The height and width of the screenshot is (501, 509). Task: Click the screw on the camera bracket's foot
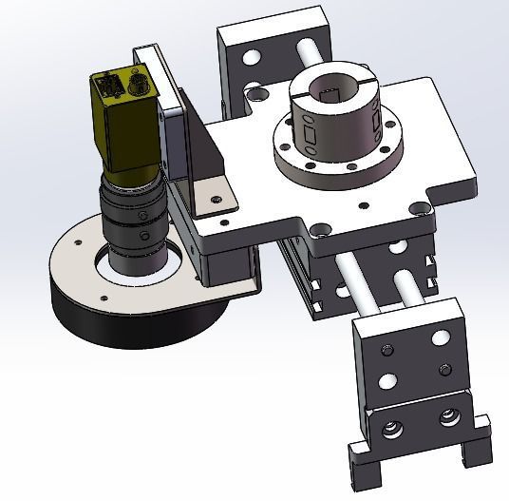point(217,200)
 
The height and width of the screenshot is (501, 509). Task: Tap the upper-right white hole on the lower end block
point(440,337)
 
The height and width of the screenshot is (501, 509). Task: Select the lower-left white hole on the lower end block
point(386,382)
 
